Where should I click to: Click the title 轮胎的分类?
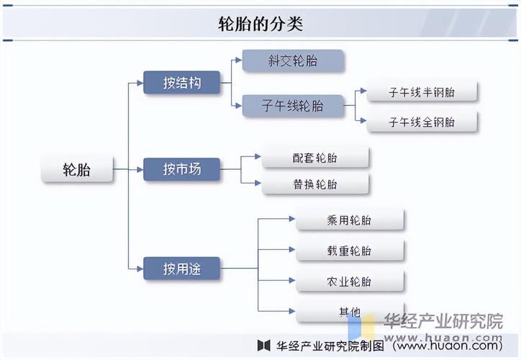coord(260,24)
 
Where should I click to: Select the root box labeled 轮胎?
coord(77,170)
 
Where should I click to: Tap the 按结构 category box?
coord(181,83)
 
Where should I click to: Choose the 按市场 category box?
coord(181,169)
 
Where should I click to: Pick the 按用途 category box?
coord(181,269)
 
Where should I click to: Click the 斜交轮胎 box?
coord(292,61)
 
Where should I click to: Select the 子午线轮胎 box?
coord(292,106)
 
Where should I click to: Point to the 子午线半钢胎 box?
coord(422,92)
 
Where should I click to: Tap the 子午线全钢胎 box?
coord(422,122)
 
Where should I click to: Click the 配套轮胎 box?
coord(315,158)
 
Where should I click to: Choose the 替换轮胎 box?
coord(315,184)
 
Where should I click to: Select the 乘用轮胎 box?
coord(349,220)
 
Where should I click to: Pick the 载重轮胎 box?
coord(349,251)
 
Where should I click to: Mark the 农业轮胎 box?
coord(349,281)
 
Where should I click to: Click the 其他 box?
coord(349,311)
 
